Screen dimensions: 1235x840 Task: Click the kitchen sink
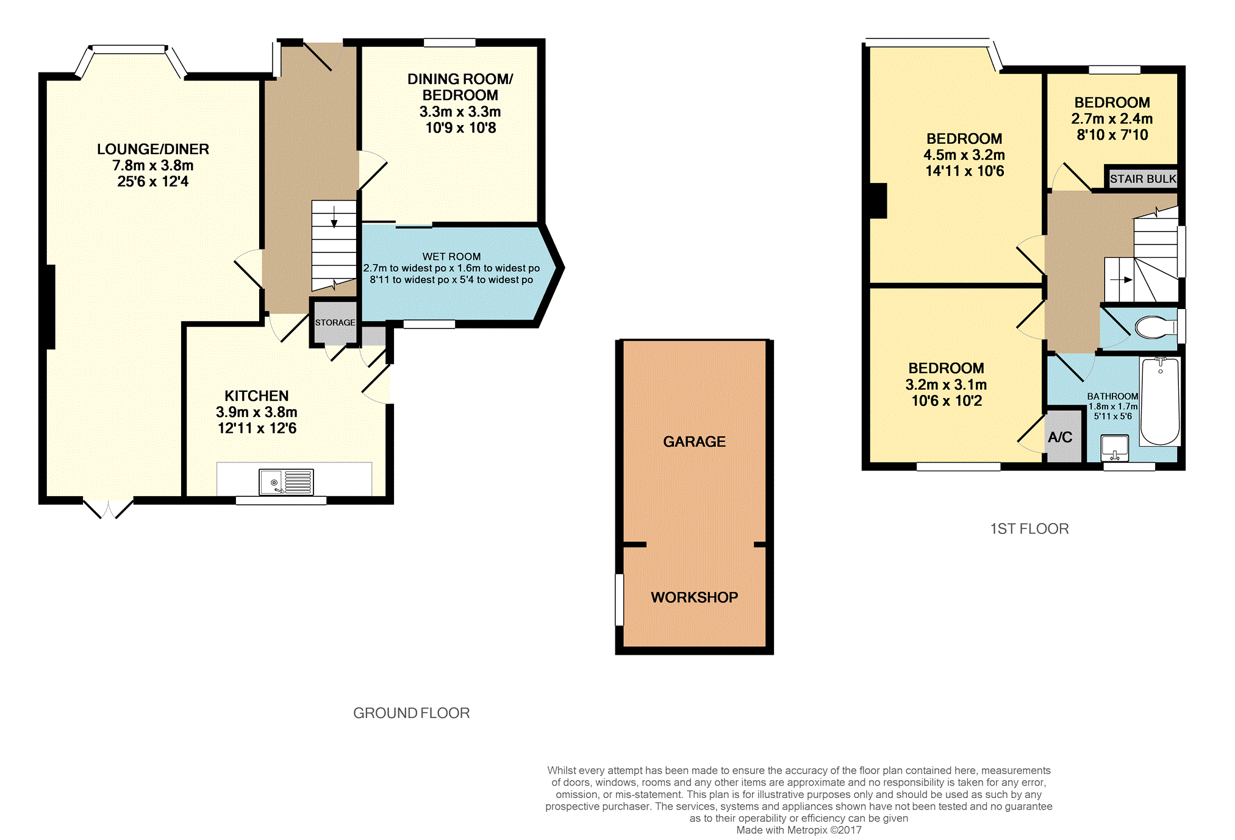click(x=286, y=482)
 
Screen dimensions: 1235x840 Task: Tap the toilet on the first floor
click(x=1156, y=327)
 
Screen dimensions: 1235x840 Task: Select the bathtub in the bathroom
click(x=1160, y=401)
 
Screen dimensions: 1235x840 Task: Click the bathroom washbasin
click(x=1115, y=448)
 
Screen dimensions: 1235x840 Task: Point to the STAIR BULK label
click(x=1143, y=179)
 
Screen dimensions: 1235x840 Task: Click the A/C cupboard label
click(x=1060, y=437)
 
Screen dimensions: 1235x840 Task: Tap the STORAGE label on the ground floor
click(x=335, y=322)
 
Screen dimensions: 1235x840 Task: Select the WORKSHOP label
click(x=694, y=597)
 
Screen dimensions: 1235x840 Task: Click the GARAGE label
click(x=694, y=441)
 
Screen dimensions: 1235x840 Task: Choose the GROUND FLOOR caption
click(x=412, y=713)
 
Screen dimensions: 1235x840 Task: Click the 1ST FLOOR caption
click(x=1029, y=529)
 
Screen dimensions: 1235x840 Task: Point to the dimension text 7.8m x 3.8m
click(x=153, y=165)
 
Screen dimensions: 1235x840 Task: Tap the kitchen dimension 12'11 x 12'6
click(x=257, y=428)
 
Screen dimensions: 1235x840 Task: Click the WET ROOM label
click(x=451, y=257)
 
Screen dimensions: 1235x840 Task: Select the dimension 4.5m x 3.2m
click(x=964, y=155)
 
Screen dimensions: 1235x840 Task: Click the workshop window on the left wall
click(x=620, y=599)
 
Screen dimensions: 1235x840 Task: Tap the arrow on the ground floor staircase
click(x=334, y=217)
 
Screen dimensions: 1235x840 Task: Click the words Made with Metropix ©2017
click(x=799, y=830)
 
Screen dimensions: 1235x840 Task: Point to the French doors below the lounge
click(x=109, y=509)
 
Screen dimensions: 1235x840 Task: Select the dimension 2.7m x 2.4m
click(x=1112, y=118)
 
